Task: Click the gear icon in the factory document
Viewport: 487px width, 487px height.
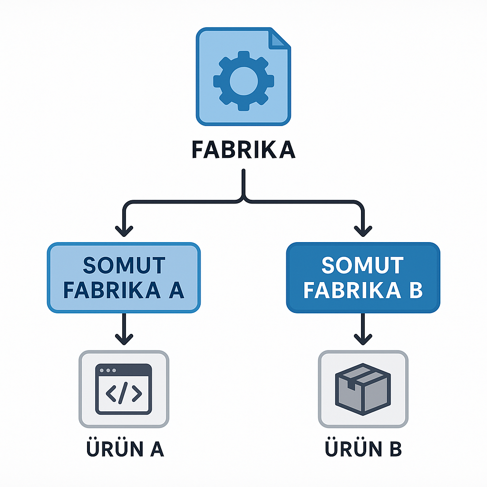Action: point(243,81)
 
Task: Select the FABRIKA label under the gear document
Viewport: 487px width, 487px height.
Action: point(243,150)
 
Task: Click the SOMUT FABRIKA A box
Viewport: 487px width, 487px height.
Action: point(124,278)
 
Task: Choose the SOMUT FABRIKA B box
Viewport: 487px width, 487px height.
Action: point(363,278)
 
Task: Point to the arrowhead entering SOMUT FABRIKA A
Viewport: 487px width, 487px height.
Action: point(124,232)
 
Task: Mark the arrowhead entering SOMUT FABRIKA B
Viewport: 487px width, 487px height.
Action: point(363,232)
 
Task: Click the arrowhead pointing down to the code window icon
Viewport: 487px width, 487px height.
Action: point(124,340)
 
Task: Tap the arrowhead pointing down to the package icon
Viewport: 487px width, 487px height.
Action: point(363,340)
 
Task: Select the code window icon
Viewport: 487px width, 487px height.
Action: point(124,389)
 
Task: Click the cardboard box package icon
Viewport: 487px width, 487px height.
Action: point(363,389)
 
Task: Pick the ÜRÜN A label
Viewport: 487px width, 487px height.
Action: point(125,448)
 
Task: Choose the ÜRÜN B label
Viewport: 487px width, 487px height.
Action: point(363,448)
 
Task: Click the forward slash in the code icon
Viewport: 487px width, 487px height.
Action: point(123,393)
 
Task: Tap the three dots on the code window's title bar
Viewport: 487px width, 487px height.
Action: point(108,370)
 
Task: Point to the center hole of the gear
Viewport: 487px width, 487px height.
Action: point(243,81)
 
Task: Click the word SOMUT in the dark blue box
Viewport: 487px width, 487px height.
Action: point(362,265)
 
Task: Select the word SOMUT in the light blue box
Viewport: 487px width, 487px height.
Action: point(124,265)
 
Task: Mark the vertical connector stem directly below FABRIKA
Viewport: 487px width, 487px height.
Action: point(243,183)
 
